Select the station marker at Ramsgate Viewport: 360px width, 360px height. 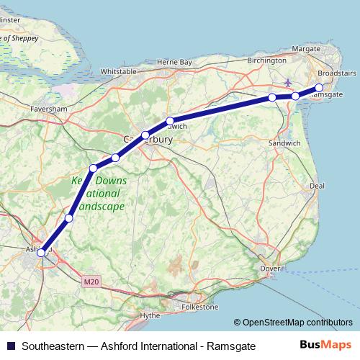[320, 89]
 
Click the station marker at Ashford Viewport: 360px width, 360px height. [42, 251]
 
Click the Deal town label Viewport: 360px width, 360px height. [318, 185]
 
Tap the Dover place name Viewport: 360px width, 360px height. [269, 269]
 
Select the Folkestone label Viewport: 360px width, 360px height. [201, 307]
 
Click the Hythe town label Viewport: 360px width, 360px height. [150, 315]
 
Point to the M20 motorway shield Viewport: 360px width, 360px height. [89, 281]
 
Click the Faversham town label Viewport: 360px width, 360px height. [49, 109]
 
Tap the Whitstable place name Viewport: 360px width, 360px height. [119, 72]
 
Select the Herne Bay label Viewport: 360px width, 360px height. [175, 63]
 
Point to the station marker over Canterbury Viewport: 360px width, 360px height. [145, 135]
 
